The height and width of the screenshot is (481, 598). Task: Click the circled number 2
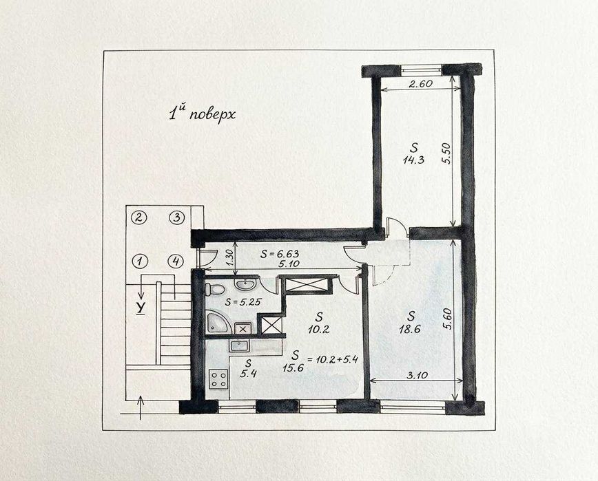coord(139,217)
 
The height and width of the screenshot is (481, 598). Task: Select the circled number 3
coord(176,217)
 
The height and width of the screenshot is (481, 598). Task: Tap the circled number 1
coord(140,261)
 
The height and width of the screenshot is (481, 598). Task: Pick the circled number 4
coord(176,261)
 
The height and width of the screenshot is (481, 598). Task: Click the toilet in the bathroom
coord(214,289)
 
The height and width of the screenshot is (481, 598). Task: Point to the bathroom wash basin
coord(245,284)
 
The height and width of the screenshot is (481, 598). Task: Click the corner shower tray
coord(218,323)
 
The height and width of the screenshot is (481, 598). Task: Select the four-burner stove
coord(218,379)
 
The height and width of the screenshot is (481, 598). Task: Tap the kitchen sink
coord(239,346)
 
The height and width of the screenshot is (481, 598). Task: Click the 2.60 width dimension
coord(420,84)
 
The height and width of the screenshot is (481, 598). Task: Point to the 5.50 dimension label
coord(446,153)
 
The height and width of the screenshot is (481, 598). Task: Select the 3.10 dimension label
coord(417,375)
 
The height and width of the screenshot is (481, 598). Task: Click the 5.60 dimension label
coord(446,319)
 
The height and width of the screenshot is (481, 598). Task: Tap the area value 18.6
coord(410,329)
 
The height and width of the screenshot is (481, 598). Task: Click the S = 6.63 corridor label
coord(280,253)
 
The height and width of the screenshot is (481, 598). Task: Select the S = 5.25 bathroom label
coord(243,302)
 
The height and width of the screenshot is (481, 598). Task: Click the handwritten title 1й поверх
coord(202,114)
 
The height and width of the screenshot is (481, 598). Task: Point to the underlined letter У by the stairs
coord(141,308)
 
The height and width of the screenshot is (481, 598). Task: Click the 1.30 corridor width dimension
coord(229,259)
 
